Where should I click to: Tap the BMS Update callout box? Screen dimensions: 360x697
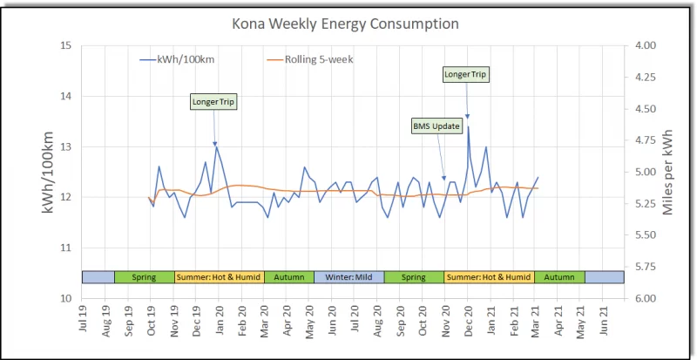pyautogui.click(x=436, y=126)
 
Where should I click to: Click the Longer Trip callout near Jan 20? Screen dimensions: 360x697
pyautogui.click(x=213, y=102)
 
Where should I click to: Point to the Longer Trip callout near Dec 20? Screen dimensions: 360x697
pyautogui.click(x=466, y=74)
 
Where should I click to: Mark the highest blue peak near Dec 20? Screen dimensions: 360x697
pyautogui.click(x=468, y=127)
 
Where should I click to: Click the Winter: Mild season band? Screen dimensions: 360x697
pyautogui.click(x=348, y=277)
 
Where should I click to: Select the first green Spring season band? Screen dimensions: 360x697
pyautogui.click(x=144, y=277)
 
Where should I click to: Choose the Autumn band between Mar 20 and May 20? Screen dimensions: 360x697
pyautogui.click(x=288, y=277)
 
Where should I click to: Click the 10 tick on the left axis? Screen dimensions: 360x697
pyautogui.click(x=64, y=298)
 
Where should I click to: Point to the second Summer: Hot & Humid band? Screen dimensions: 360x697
pyautogui.click(x=489, y=277)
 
